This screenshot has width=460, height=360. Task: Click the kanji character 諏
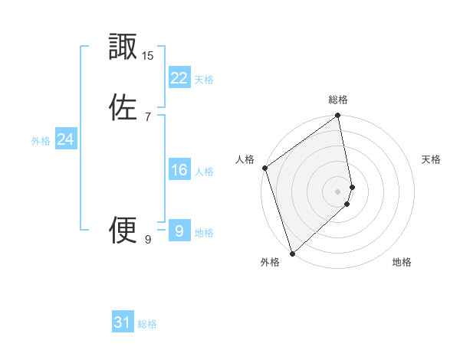(x=123, y=47)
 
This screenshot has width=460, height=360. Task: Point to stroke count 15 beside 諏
(x=148, y=56)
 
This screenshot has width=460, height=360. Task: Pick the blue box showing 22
(x=179, y=78)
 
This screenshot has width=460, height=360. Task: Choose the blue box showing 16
(x=179, y=170)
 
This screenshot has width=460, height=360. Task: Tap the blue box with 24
(x=65, y=139)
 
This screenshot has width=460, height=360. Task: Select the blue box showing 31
(x=123, y=322)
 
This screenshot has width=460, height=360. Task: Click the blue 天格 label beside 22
(x=204, y=80)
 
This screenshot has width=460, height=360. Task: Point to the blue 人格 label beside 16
(x=204, y=172)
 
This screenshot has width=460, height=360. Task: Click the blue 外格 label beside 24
(x=41, y=141)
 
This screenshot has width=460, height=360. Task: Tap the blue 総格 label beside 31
(x=147, y=324)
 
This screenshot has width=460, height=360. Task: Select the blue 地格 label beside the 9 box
(x=204, y=233)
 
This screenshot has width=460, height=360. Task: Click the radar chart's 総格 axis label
(x=338, y=100)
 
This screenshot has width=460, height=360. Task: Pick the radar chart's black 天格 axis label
(x=432, y=159)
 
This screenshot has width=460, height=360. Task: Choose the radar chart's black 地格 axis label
(x=402, y=263)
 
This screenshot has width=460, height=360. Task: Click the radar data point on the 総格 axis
(x=338, y=116)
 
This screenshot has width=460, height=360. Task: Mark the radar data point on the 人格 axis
(x=264, y=168)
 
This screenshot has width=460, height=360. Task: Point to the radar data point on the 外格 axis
(x=292, y=253)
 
